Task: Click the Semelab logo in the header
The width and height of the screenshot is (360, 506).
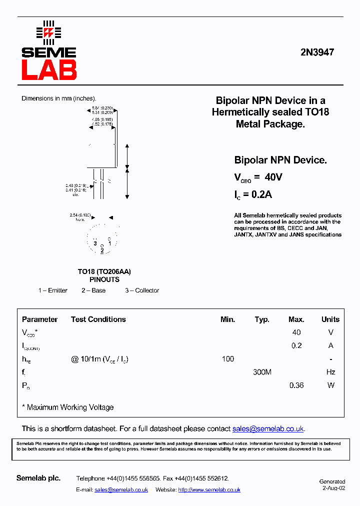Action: click(48, 51)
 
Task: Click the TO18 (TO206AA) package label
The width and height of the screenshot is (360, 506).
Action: click(104, 271)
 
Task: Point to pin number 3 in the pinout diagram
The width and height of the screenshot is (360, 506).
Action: click(94, 243)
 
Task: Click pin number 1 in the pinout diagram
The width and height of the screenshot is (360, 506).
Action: click(109, 243)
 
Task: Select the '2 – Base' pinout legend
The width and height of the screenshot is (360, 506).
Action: click(93, 290)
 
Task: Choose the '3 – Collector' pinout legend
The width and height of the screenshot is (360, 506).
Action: click(142, 290)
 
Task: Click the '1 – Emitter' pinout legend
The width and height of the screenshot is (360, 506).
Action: click(52, 290)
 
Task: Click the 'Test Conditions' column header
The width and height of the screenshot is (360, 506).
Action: click(98, 319)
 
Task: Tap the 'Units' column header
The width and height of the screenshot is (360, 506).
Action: click(330, 319)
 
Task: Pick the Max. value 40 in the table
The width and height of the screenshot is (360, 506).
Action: click(296, 332)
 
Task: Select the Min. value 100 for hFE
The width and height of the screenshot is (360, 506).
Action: click(227, 359)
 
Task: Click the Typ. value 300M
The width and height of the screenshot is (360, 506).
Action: click(262, 372)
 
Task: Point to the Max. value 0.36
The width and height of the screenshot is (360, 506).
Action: click(296, 385)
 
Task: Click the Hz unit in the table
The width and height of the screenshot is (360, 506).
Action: click(330, 372)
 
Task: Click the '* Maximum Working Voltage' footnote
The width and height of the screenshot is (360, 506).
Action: click(68, 407)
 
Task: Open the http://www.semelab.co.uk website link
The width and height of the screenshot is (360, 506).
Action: click(209, 490)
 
